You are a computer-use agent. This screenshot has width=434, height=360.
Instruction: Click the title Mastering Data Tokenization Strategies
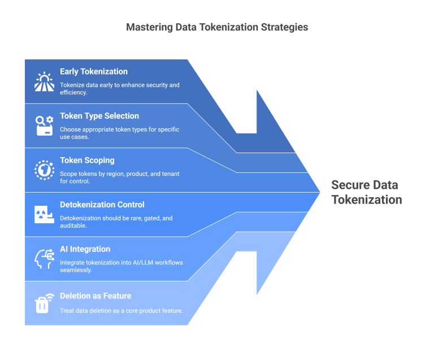pos(217,27)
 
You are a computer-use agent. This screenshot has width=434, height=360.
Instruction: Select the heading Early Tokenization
pos(94,72)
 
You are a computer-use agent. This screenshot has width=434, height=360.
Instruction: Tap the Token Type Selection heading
pos(99,116)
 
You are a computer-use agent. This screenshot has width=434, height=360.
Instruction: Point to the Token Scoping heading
pos(87,161)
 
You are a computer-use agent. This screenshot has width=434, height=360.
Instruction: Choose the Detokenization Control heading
pos(102,205)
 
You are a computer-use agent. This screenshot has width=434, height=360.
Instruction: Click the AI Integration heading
pos(85,249)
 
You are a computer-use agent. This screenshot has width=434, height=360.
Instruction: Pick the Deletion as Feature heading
pos(96,296)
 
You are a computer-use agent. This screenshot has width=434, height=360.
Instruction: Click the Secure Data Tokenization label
pos(366,192)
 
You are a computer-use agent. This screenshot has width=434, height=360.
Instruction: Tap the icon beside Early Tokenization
pos(43,82)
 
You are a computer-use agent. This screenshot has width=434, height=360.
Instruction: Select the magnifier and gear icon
pos(44,125)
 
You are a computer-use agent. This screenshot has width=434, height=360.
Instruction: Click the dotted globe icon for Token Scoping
pos(44,170)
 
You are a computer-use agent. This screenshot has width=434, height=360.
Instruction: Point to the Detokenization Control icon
pos(44,214)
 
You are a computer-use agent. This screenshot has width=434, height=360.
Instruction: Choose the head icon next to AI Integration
pos(44,259)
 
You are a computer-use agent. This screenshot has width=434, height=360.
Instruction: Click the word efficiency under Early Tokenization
pos(72,93)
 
